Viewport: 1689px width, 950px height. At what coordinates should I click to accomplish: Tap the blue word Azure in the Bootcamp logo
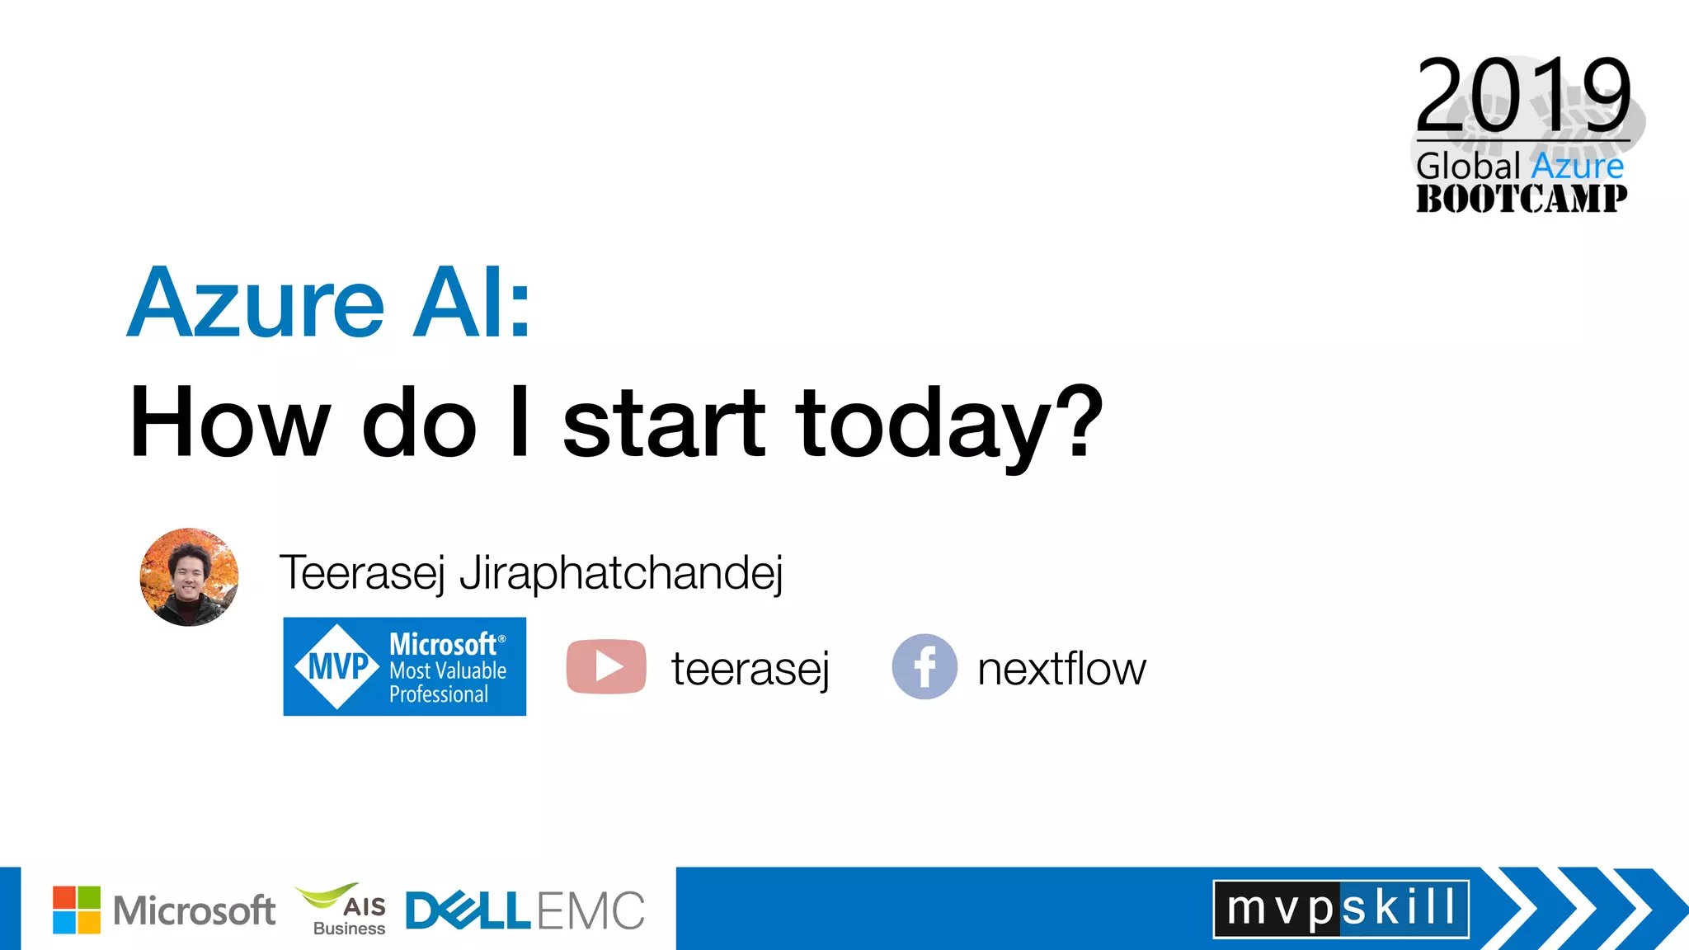1577,166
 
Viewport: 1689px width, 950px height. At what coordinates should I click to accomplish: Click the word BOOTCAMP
1522,199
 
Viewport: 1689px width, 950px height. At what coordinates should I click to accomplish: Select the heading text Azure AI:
328,303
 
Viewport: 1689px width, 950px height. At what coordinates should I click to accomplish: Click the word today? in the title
948,423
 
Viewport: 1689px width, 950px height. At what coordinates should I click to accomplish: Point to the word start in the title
664,423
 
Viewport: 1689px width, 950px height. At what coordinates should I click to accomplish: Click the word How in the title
230,423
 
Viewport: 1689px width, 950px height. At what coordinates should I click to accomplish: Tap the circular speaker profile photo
189,577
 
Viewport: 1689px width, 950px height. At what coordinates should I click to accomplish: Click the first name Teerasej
361,572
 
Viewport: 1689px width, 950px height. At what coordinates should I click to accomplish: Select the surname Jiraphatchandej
620,572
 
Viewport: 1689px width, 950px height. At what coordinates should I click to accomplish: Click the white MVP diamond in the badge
336,666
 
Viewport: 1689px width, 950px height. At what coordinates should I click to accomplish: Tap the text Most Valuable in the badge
448,670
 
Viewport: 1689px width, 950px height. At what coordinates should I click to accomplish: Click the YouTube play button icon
606,666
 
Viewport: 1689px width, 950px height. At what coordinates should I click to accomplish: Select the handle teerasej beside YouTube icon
750,668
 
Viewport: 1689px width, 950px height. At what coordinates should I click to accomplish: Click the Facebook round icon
924,666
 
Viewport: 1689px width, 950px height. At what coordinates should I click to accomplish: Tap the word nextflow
1061,668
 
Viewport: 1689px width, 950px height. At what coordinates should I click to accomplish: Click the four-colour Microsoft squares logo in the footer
77,910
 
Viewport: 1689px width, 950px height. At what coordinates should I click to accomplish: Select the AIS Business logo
343,910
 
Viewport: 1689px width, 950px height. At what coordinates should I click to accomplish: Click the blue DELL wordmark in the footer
468,911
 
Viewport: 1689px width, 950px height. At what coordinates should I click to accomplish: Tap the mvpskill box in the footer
1340,909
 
